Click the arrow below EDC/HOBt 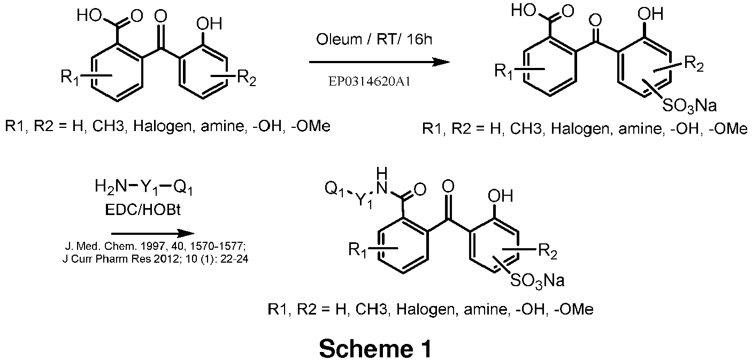tap(152, 234)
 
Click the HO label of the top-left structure tap(87, 16)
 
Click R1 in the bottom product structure tap(358, 250)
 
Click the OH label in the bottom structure tap(501, 195)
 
